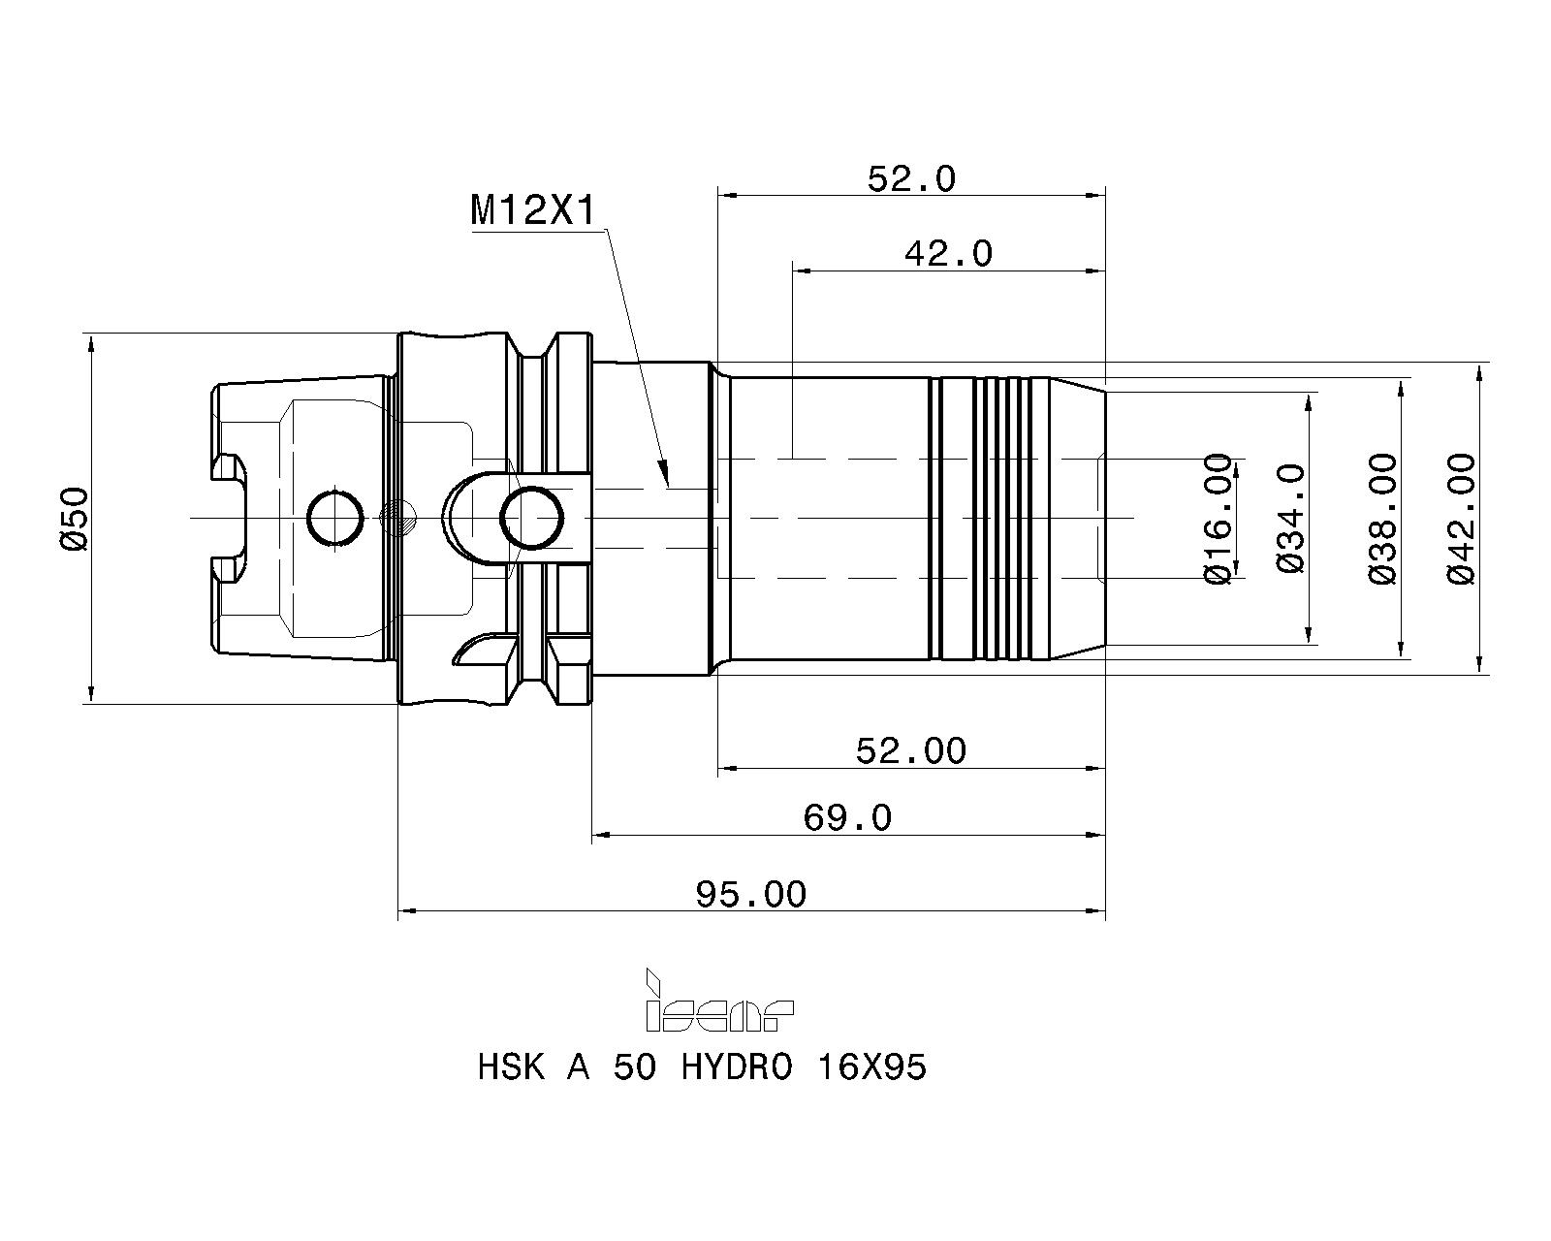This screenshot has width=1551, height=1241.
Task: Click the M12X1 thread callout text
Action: (533, 211)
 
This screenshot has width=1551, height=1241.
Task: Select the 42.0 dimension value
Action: (948, 254)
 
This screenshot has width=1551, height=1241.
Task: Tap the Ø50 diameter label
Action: (75, 519)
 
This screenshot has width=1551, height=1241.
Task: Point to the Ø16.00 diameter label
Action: (1219, 519)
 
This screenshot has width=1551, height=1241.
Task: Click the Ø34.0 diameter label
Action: (1291, 519)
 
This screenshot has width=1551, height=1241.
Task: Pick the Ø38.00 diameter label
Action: (1382, 519)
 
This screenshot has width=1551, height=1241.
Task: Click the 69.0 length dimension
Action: (847, 817)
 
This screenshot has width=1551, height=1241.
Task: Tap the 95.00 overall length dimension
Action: (751, 895)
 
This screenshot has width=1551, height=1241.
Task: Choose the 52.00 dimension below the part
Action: (911, 751)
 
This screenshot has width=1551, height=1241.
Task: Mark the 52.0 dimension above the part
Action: (911, 178)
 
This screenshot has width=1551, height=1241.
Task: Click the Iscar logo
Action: (718, 1001)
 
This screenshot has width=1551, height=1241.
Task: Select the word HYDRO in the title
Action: (736, 1067)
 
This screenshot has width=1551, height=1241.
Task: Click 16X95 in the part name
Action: (871, 1067)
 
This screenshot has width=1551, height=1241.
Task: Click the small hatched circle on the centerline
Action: (398, 519)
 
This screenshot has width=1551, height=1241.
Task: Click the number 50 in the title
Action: (634, 1067)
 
